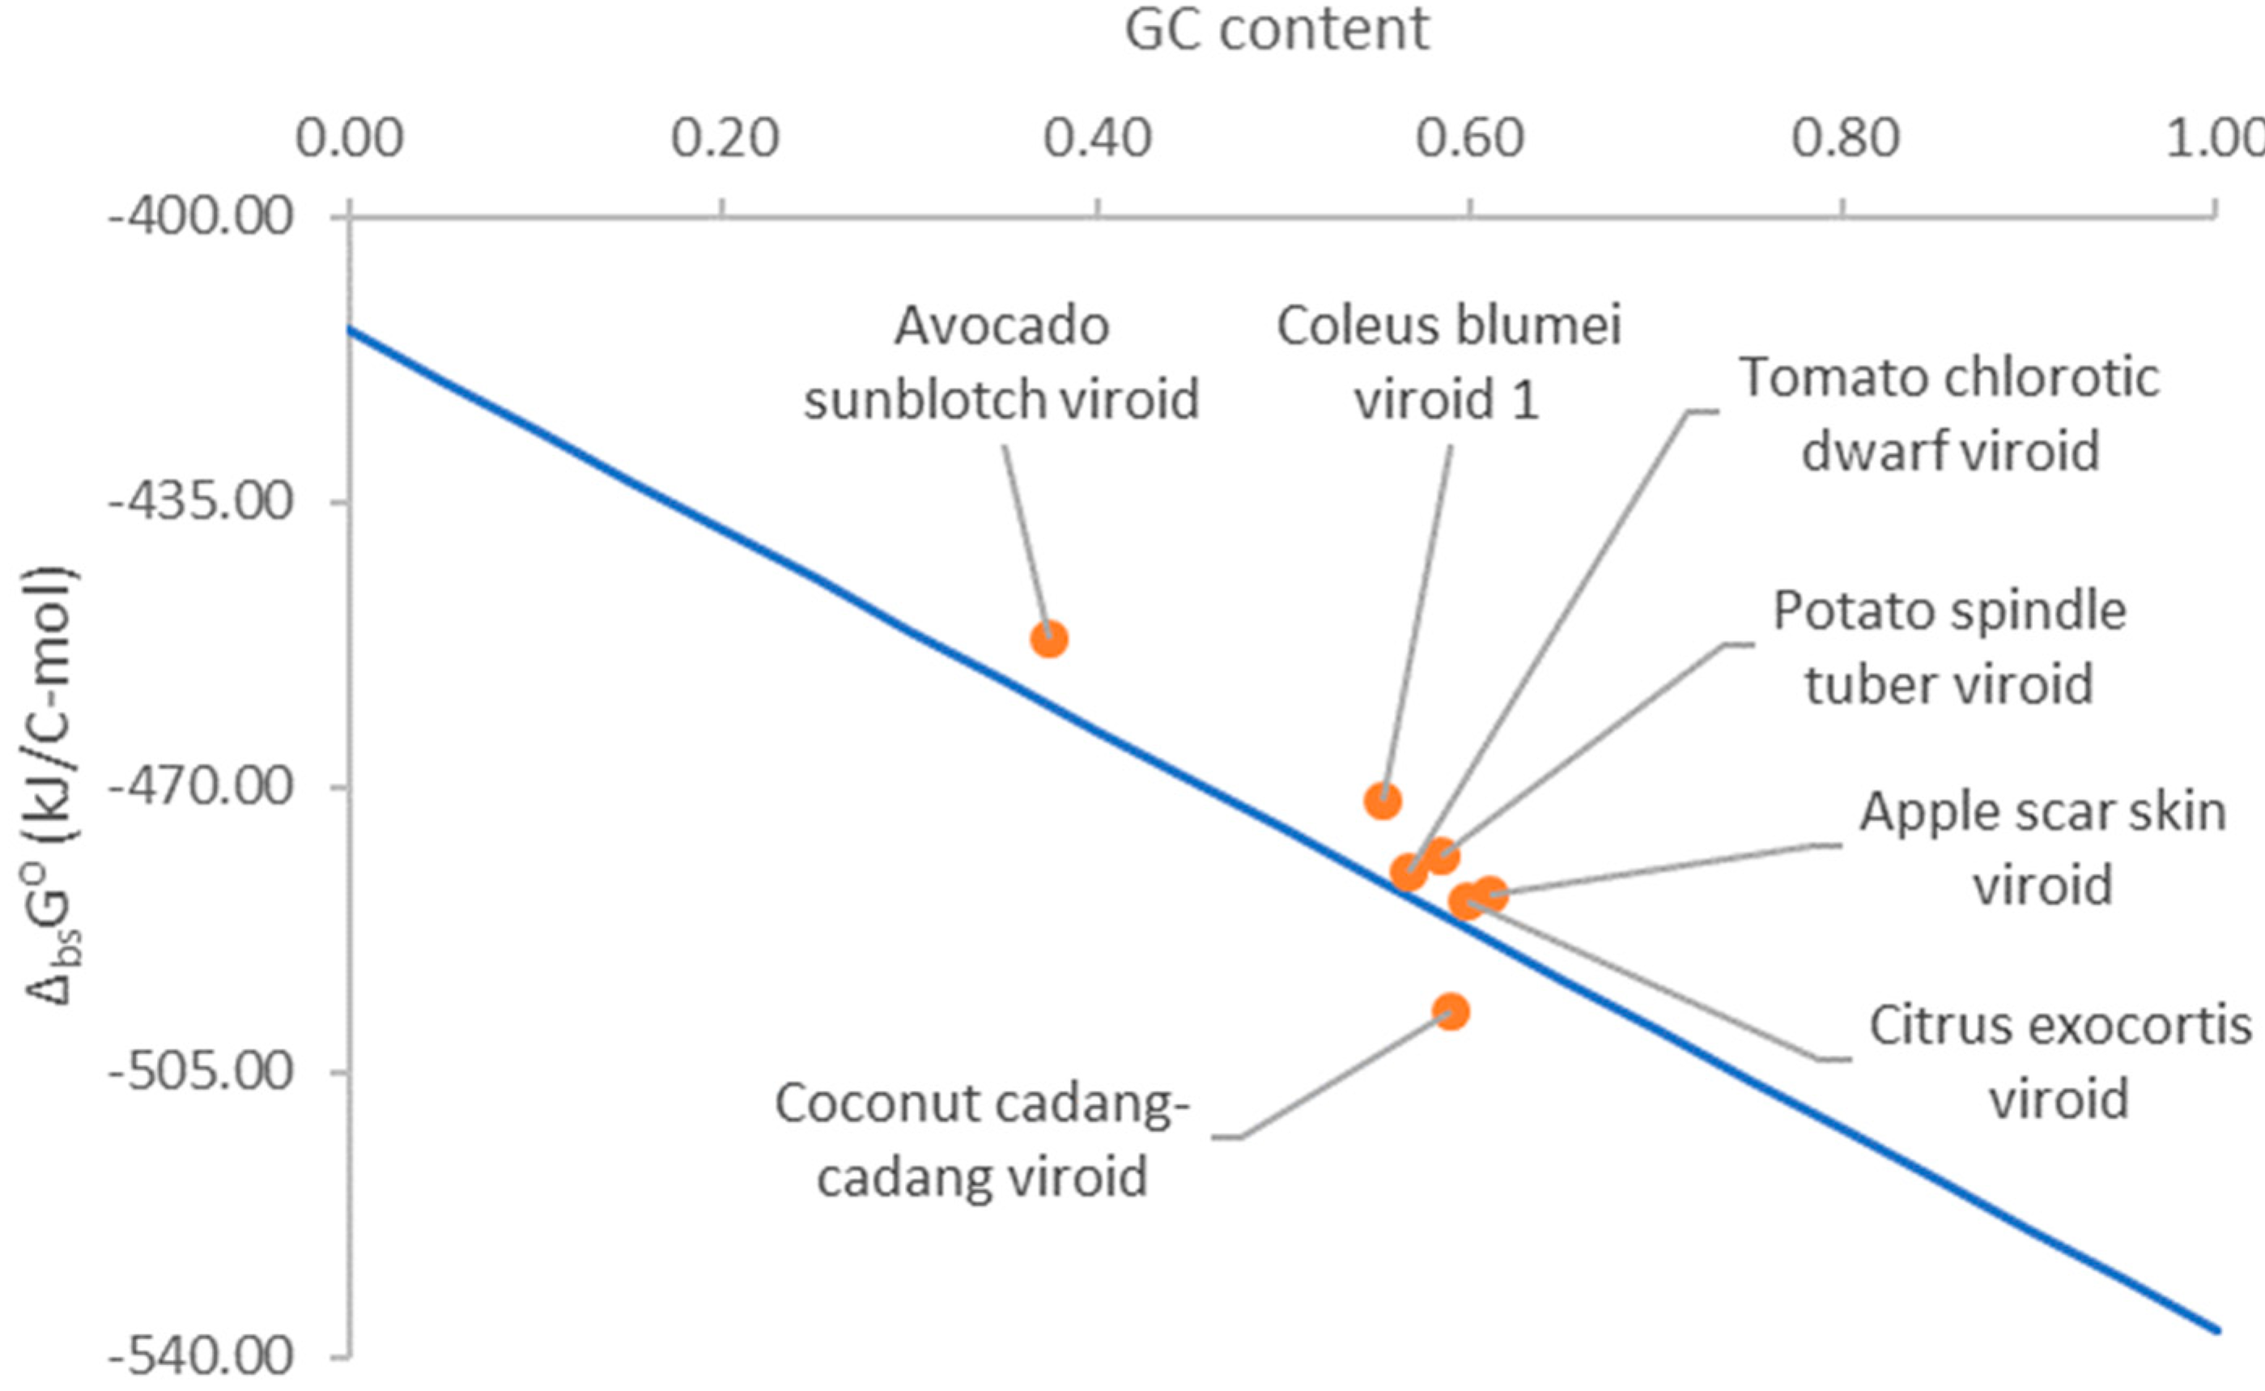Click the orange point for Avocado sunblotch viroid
click(x=1048, y=639)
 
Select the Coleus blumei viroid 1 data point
click(x=1382, y=802)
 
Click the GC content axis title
click(x=1277, y=29)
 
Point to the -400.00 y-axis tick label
click(x=201, y=217)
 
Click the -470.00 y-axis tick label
click(x=201, y=788)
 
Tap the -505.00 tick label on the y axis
click(x=201, y=1073)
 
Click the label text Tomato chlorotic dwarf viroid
click(x=1949, y=414)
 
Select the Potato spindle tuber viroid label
click(x=1949, y=647)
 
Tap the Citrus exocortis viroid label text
click(x=2060, y=1061)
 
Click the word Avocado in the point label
click(x=1001, y=325)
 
